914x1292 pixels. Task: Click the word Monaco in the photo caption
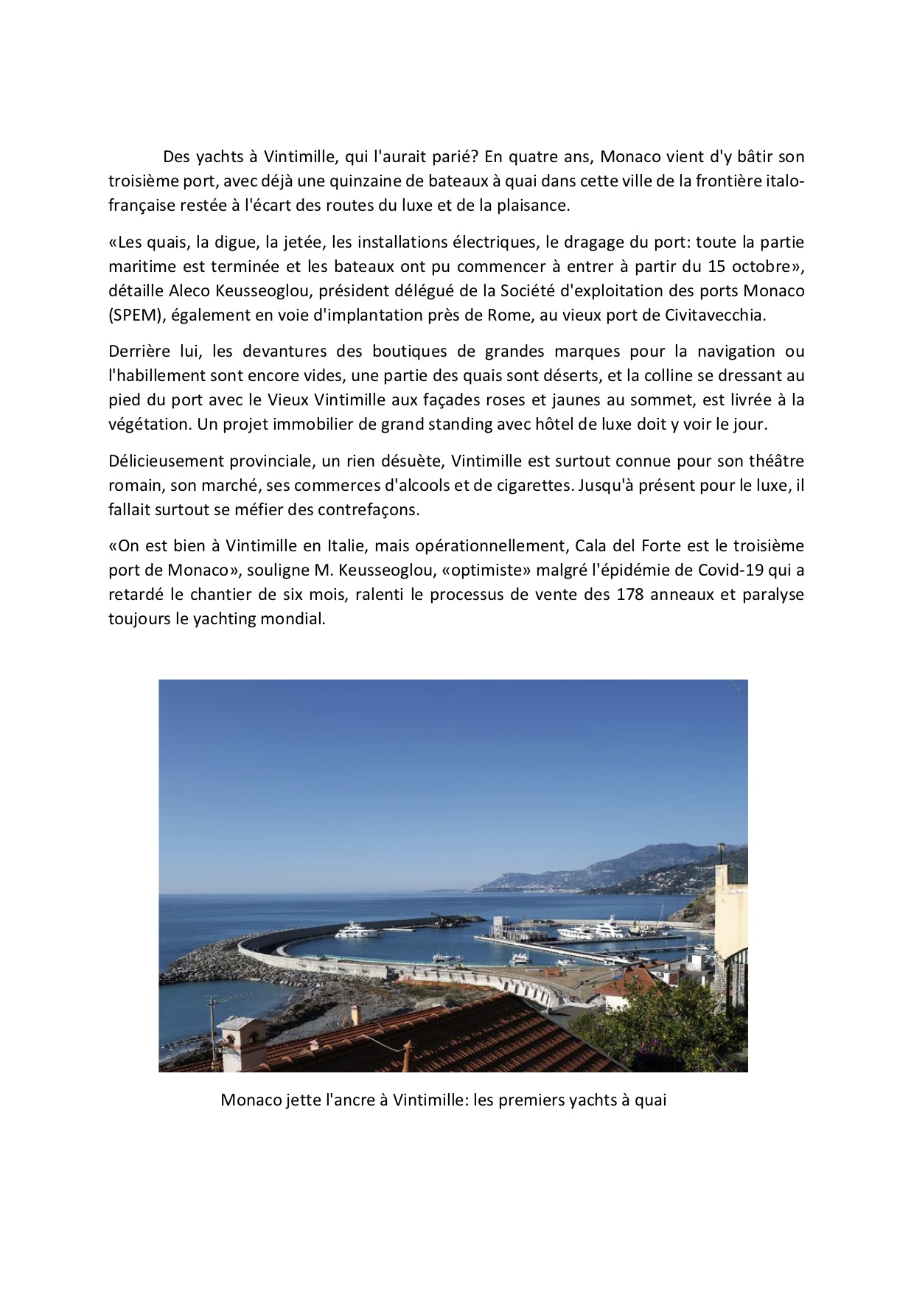coord(251,1100)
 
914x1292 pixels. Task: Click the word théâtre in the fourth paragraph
coord(775,461)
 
